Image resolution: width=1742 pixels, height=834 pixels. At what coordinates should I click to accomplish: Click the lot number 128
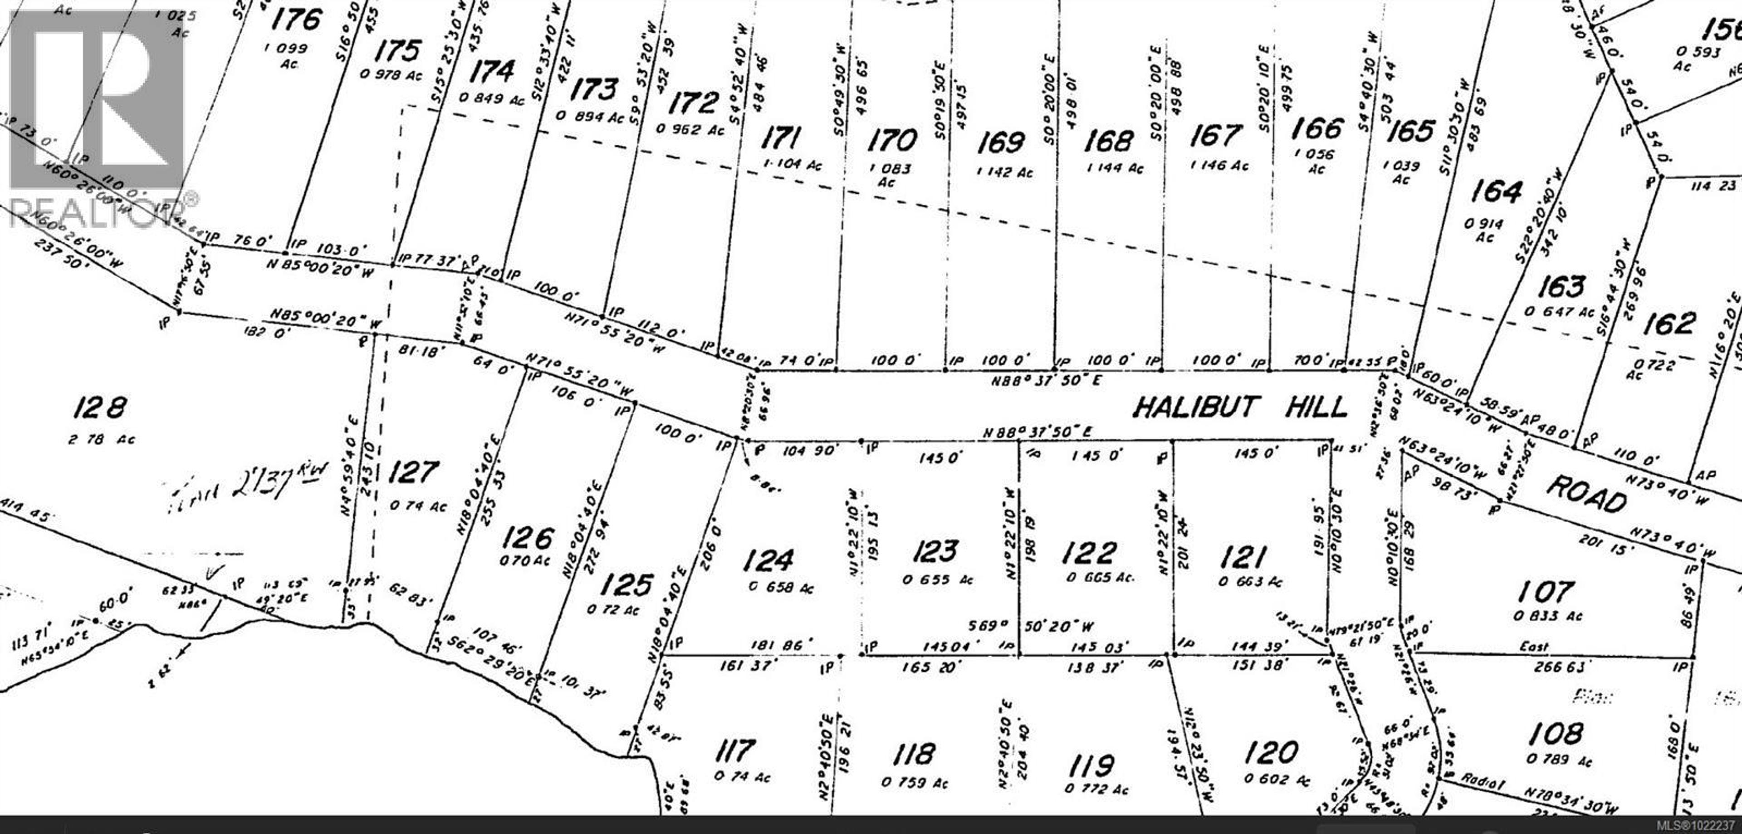(x=99, y=408)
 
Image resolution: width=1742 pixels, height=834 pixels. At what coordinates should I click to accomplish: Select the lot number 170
(x=892, y=141)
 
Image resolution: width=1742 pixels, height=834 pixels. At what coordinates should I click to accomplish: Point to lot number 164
(x=1496, y=191)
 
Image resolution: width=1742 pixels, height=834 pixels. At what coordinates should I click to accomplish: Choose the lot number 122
(x=1089, y=553)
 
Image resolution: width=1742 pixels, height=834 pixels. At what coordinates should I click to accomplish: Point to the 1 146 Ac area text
(x=1218, y=166)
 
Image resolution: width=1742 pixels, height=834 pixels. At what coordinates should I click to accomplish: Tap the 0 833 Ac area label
(x=1548, y=616)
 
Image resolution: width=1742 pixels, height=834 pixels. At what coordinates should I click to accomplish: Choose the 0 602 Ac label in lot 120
(x=1277, y=780)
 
